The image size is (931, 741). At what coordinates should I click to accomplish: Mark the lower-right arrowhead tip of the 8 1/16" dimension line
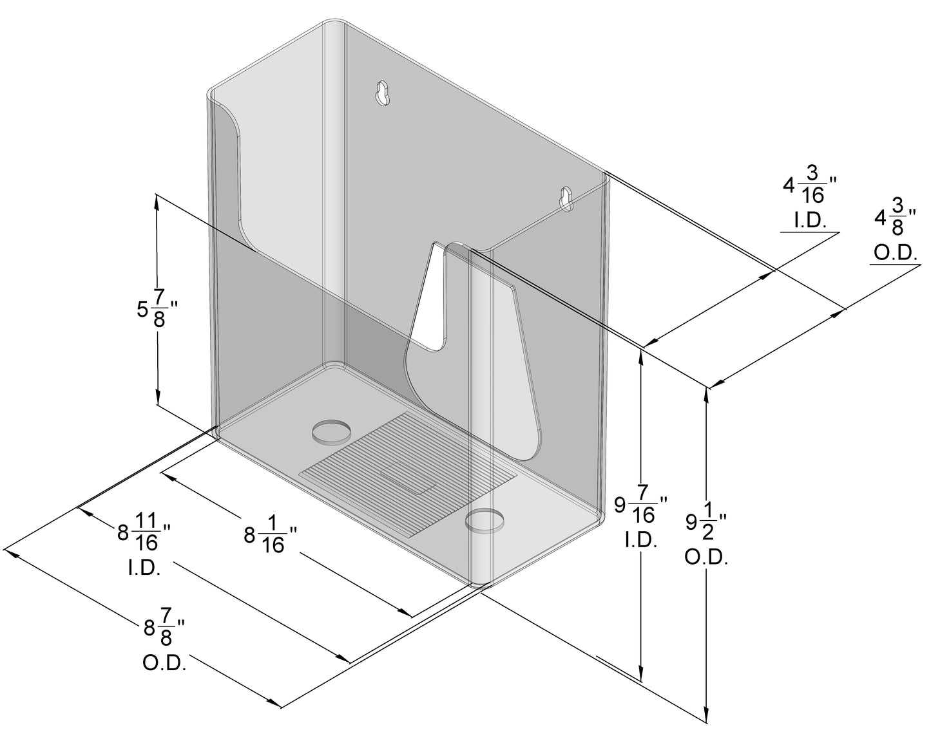tap(412, 617)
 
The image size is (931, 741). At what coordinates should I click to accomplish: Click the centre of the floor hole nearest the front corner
tap(485, 521)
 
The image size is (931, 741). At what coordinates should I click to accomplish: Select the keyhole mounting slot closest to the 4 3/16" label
tap(567, 199)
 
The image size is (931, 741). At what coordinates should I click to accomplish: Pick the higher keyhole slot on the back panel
tap(382, 93)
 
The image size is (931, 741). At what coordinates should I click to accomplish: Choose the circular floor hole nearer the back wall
tap(331, 431)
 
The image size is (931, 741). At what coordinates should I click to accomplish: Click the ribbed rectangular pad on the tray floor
tap(408, 475)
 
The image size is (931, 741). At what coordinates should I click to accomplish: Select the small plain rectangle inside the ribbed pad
tap(408, 478)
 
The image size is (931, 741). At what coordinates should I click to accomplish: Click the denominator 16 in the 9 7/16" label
tap(644, 515)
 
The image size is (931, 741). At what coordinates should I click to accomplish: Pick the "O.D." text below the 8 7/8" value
tap(164, 664)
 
